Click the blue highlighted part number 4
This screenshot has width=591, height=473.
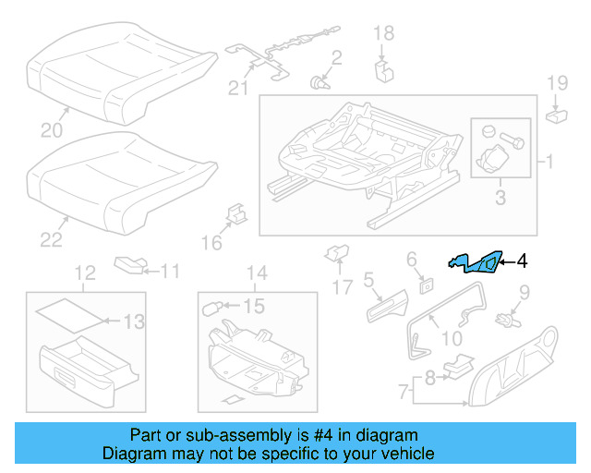pos(477,264)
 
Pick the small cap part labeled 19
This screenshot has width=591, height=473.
pos(558,115)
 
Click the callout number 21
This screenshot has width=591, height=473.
pos(240,89)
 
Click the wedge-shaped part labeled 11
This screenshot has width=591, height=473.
pos(129,266)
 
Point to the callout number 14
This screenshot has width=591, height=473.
pos(258,273)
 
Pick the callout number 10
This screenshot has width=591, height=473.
pos(452,339)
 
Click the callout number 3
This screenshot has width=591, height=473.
pos(501,197)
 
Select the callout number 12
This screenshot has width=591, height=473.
pos(84,273)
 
